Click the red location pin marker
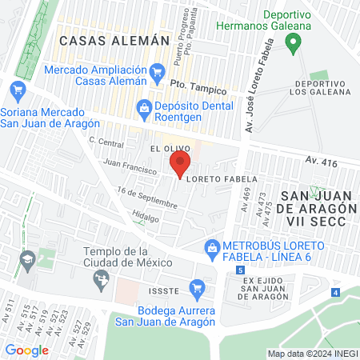pyautogui.click(x=180, y=166)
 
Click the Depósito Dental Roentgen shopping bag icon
pyautogui.click(x=144, y=106)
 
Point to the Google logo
pyautogui.click(x=26, y=350)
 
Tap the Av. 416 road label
pyautogui.click(x=321, y=162)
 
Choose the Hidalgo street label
pyautogui.click(x=146, y=217)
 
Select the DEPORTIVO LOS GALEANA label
pyautogui.click(x=318, y=89)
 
